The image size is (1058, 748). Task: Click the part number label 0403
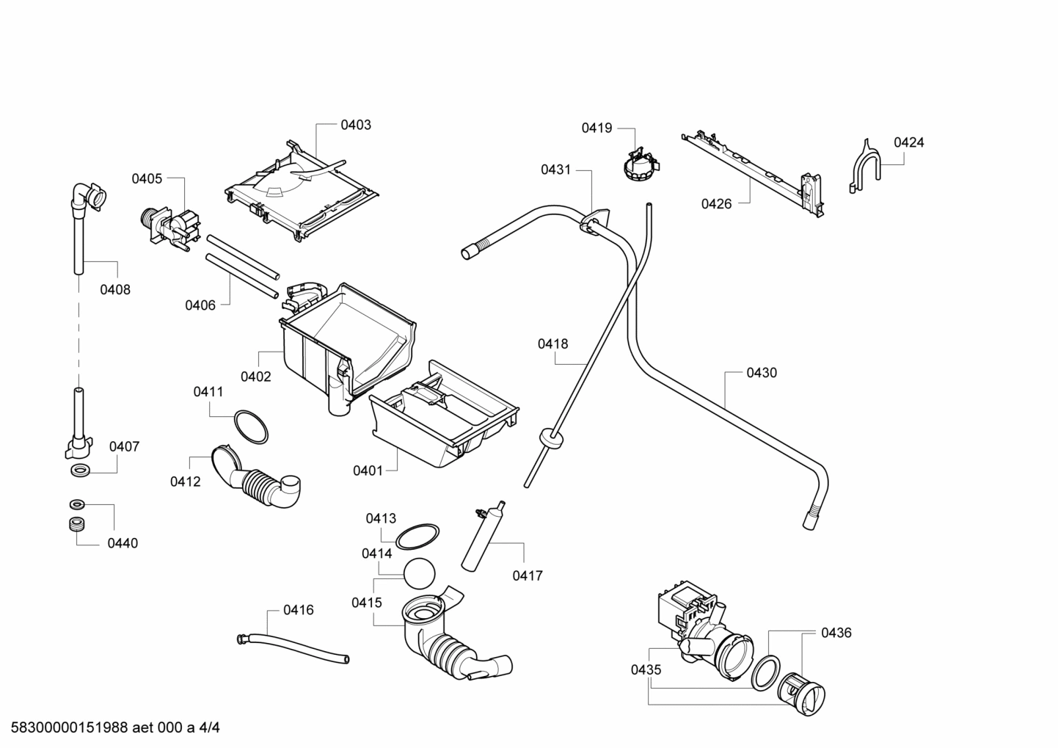coord(356,125)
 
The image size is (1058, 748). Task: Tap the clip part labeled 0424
coord(865,167)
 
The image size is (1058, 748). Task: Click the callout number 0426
coord(716,204)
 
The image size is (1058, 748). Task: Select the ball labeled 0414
coord(420,573)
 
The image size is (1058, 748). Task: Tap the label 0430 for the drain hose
coord(762,373)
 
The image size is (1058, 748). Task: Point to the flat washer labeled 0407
coord(79,470)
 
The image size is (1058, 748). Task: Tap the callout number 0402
coord(255,377)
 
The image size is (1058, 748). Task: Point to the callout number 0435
coord(646,669)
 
